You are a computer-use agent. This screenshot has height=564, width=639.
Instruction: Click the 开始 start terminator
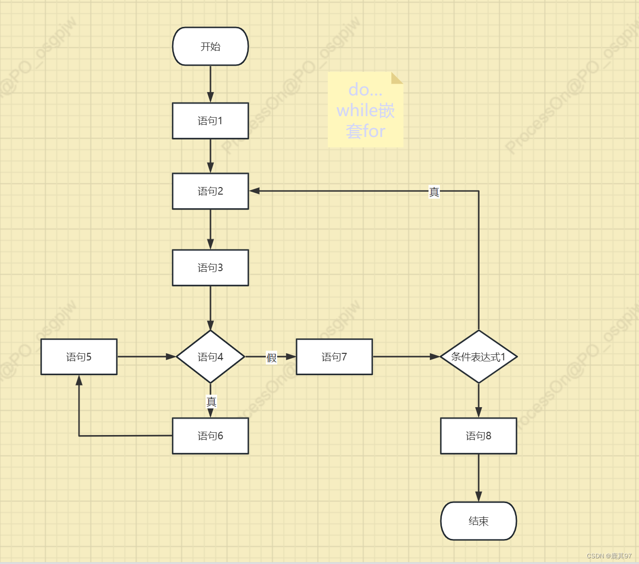click(210, 46)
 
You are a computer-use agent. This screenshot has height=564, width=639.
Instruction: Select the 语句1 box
click(210, 121)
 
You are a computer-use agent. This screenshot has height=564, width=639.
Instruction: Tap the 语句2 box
click(210, 191)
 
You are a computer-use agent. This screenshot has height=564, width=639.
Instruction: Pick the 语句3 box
click(210, 268)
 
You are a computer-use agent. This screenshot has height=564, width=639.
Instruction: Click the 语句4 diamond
click(210, 357)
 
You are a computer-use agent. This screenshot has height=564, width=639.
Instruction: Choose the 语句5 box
click(79, 357)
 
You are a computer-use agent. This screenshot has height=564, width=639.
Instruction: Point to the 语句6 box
click(210, 436)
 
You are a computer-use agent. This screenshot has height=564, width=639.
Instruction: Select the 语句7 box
click(334, 357)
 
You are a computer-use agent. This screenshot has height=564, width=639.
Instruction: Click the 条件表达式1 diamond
click(479, 357)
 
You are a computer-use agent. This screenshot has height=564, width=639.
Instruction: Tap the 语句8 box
click(479, 436)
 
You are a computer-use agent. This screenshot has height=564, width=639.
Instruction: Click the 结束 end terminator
click(479, 521)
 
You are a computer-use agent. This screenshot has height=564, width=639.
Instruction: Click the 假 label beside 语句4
click(271, 358)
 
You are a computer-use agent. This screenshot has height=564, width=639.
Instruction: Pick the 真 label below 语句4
click(211, 402)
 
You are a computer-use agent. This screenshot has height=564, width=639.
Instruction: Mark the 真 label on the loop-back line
click(434, 192)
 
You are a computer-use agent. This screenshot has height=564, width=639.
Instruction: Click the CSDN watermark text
click(609, 556)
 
